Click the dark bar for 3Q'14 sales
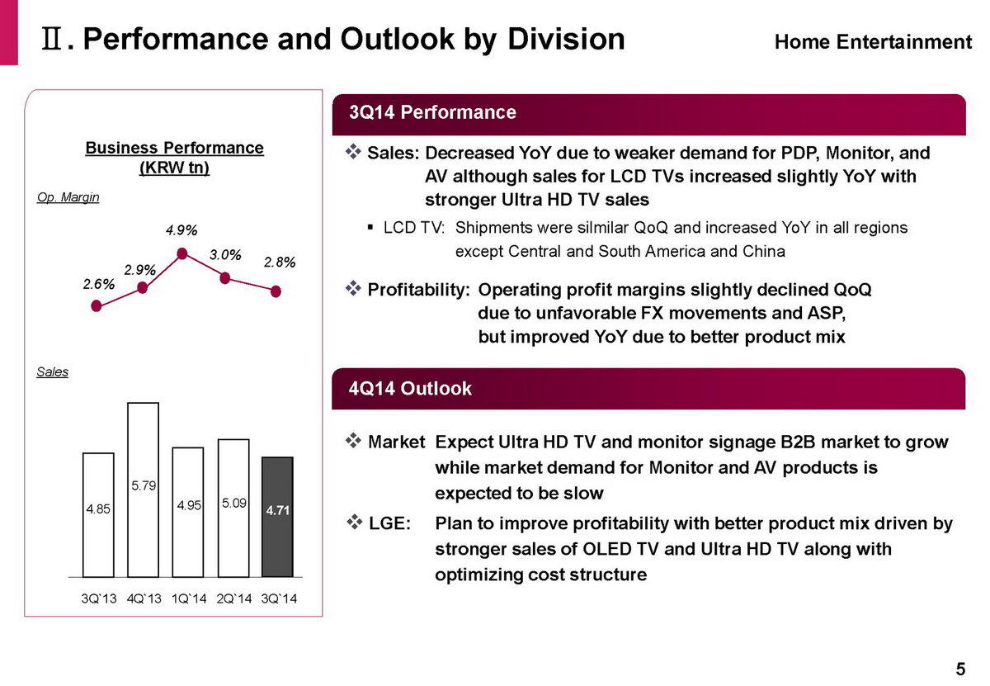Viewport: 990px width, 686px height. (277, 517)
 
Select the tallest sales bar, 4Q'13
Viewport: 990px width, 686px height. (144, 490)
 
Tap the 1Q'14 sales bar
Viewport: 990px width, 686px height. (188, 512)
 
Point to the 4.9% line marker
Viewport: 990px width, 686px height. (182, 253)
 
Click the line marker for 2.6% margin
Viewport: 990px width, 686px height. (97, 305)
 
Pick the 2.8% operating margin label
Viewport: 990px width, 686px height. (280, 263)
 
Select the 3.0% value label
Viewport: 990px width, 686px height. (225, 255)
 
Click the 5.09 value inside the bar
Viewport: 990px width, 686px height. (233, 503)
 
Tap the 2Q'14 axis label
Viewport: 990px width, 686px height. (233, 598)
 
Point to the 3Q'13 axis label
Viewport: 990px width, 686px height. (99, 598)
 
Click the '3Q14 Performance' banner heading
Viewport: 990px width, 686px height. (432, 112)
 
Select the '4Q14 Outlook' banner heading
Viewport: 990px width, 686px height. (410, 388)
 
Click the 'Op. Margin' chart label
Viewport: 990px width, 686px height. (68, 197)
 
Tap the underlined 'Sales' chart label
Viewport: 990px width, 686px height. (52, 371)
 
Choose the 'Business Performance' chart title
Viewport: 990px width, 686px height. (175, 148)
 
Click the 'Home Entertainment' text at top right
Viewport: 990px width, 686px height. (874, 42)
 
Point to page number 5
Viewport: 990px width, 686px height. (960, 669)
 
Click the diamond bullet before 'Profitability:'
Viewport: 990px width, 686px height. (353, 289)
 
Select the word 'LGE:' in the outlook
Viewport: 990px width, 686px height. (389, 523)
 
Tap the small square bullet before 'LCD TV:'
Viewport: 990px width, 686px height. (370, 228)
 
